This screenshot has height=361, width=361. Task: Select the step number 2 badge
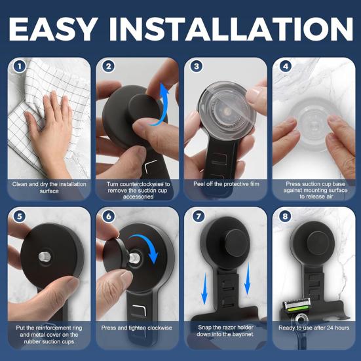pos(108,66)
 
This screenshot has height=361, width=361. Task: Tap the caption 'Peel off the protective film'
pos(226,184)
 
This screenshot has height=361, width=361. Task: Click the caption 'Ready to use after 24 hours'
pos(314,327)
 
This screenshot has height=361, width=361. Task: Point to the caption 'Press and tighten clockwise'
pos(138,327)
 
